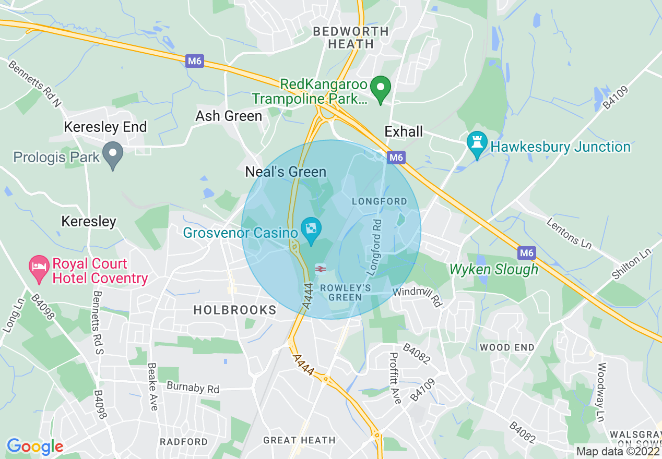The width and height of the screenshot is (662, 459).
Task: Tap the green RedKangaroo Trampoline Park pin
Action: [x=381, y=88]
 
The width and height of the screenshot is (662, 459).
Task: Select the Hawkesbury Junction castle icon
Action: [x=477, y=144]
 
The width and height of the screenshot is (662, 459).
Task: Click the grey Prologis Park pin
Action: [x=112, y=155]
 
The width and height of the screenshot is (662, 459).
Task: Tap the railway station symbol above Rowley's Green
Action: [x=321, y=269]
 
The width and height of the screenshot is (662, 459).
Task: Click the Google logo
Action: [x=35, y=446]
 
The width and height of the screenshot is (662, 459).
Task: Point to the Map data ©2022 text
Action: [x=617, y=451]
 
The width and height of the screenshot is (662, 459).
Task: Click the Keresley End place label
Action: [x=105, y=127]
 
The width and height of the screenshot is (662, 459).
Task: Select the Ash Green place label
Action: [x=229, y=116]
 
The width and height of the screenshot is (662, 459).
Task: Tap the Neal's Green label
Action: [x=286, y=172]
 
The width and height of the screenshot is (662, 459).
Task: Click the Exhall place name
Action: [x=404, y=131]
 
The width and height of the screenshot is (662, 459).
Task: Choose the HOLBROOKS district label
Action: [x=235, y=310]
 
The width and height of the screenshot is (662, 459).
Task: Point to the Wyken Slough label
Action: [x=494, y=269]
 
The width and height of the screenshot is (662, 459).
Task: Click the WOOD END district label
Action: [x=507, y=347]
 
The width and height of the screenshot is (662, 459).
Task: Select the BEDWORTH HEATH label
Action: [x=351, y=38]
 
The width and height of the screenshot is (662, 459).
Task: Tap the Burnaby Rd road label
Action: [x=193, y=388]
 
